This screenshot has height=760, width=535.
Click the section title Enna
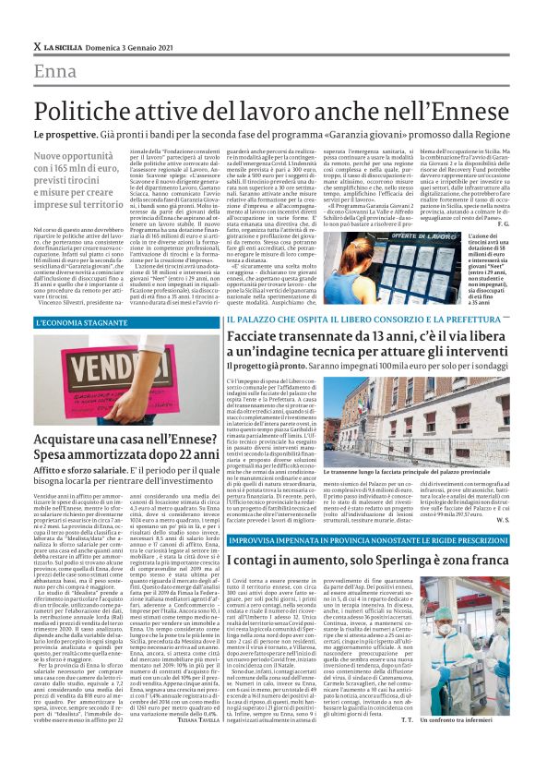(55, 71)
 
